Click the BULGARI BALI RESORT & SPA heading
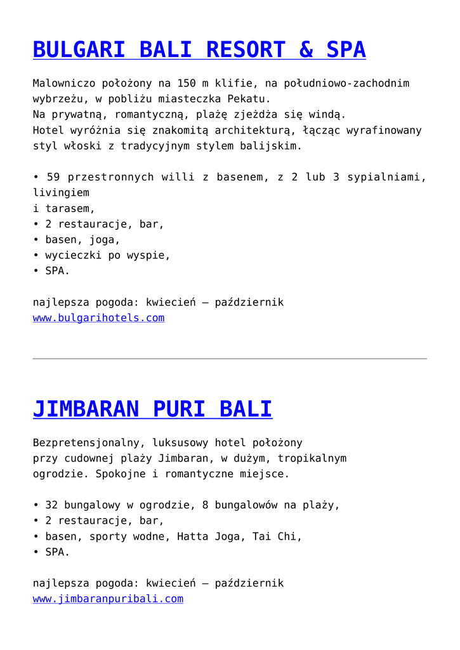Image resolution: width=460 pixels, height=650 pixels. click(x=199, y=50)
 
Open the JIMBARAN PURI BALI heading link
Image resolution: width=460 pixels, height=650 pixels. click(x=152, y=409)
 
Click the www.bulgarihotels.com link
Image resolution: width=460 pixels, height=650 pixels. click(x=98, y=318)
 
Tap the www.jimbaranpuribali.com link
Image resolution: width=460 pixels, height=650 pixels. click(x=108, y=599)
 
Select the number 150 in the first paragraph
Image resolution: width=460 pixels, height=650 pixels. click(x=187, y=83)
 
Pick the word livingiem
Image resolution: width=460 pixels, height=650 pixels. click(x=61, y=192)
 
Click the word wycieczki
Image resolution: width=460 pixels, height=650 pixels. click(x=74, y=256)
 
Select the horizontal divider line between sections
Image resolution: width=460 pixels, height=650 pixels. click(x=230, y=359)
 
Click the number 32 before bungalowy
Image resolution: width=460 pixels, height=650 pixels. click(x=51, y=505)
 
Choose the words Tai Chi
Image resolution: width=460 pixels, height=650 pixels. click(x=274, y=536)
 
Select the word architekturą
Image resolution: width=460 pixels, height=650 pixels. click(x=252, y=130)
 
